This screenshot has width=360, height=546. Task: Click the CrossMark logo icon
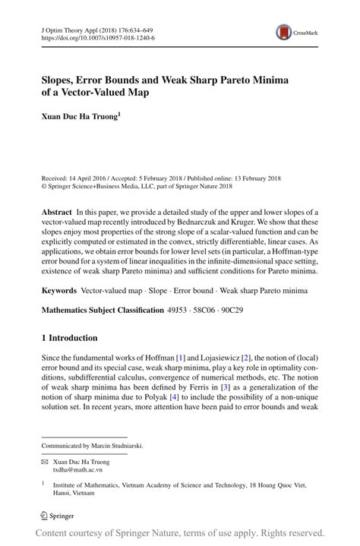pyautogui.click(x=286, y=31)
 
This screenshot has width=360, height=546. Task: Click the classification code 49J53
pyautogui.click(x=181, y=310)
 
